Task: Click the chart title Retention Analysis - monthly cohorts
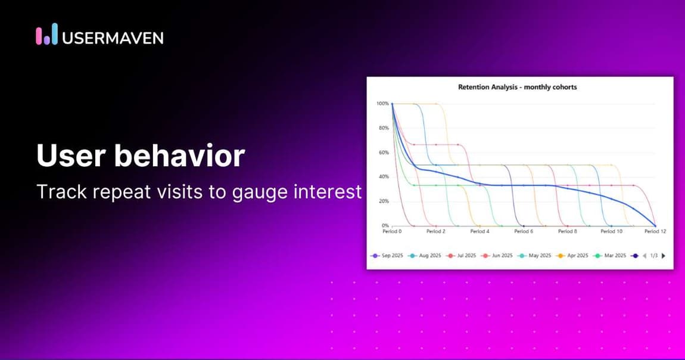[517, 87]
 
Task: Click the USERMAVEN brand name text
[113, 38]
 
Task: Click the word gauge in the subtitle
[269, 192]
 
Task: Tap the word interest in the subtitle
[334, 192]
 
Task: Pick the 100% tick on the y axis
[382, 104]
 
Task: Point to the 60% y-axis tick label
[383, 153]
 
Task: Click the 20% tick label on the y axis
[383, 201]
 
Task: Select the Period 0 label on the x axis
[391, 231]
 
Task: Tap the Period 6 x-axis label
[524, 231]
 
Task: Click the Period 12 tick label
[655, 231]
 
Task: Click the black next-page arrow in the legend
[664, 255]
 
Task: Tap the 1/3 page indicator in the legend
[653, 255]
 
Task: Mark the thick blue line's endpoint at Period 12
[656, 226]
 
